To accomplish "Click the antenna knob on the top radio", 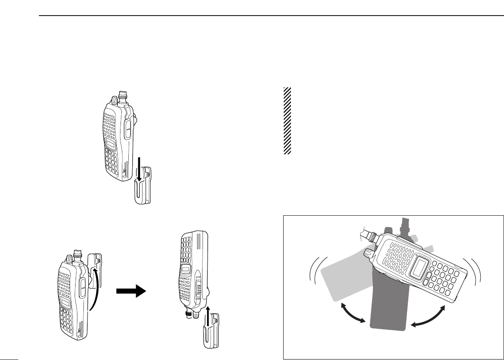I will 122,96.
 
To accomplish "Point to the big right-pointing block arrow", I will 131,290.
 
